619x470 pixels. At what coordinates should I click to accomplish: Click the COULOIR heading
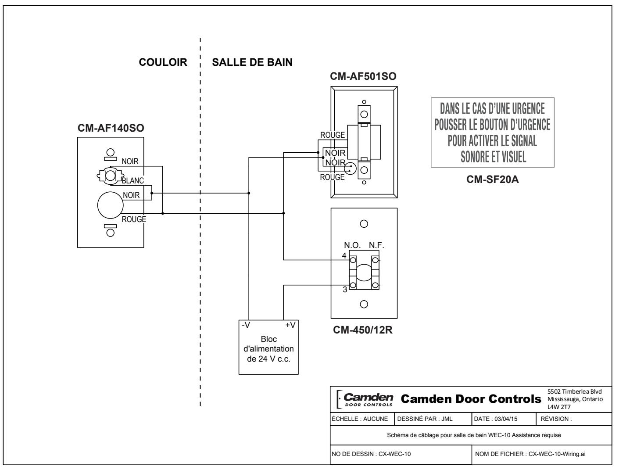(163, 62)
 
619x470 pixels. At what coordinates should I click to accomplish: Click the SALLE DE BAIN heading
(252, 62)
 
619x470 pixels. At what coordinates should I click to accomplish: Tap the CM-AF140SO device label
(111, 128)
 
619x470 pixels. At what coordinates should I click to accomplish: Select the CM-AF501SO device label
(363, 76)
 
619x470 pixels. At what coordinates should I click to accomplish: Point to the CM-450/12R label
(363, 330)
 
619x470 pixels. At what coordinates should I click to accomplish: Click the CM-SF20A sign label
(492, 179)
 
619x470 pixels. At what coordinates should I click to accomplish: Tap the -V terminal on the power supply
(246, 325)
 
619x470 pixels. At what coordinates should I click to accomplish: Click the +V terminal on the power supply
(290, 325)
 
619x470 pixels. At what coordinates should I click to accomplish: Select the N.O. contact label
(352, 245)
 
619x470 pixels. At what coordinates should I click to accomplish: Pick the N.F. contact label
(376, 245)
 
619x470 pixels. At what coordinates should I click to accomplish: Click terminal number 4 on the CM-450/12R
(344, 255)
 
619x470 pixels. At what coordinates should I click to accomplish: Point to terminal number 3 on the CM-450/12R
(345, 290)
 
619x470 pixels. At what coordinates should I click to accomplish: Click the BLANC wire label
(132, 180)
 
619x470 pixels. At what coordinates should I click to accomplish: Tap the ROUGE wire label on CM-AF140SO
(134, 219)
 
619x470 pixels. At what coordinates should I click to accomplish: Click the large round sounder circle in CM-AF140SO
(110, 205)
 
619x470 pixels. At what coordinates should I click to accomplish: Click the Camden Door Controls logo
(365, 399)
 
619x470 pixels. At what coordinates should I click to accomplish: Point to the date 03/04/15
(506, 419)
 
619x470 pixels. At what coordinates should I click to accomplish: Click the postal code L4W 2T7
(559, 407)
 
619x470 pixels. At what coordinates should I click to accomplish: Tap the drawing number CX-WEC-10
(394, 454)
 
